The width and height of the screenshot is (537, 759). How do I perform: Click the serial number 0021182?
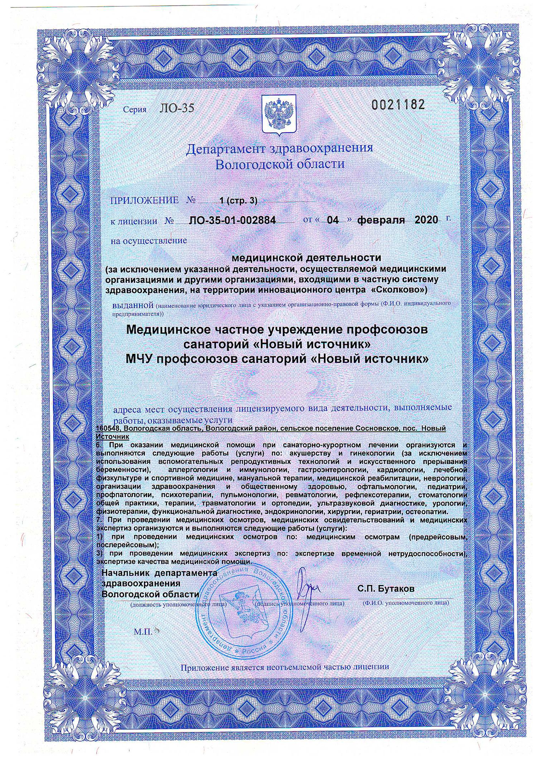coord(398,105)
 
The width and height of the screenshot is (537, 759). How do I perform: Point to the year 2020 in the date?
coord(426,219)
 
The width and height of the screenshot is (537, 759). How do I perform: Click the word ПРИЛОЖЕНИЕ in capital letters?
coord(145,200)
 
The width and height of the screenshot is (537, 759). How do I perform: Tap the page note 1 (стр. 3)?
coord(239,201)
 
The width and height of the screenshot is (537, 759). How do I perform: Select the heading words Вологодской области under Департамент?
coord(279,165)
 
